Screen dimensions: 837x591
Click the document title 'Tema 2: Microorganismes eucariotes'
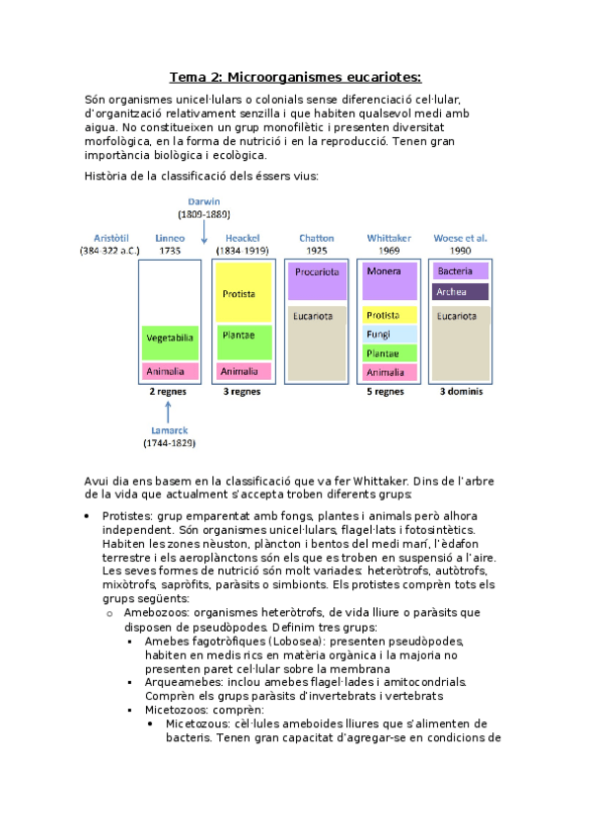[x=295, y=77]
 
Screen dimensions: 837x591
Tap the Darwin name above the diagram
[x=203, y=200]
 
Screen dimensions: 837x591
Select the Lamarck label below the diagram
[x=170, y=430]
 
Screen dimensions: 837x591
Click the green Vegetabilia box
[x=170, y=338]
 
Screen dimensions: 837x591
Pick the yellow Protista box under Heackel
[x=242, y=293]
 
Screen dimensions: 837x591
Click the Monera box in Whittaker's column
[x=389, y=270]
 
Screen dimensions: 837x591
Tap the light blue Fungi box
[x=389, y=335]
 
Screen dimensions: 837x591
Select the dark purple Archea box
[x=461, y=292]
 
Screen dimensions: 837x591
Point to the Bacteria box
[x=461, y=270]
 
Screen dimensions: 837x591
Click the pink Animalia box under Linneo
[x=170, y=371]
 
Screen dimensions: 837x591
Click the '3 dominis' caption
[x=461, y=391]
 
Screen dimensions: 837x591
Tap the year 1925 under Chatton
[x=316, y=251]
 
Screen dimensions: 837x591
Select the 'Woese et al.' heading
[x=461, y=238]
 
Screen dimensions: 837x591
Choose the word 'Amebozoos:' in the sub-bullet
[x=157, y=612]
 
